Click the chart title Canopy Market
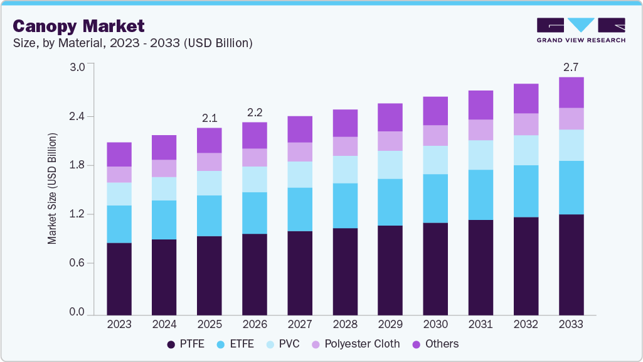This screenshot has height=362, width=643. [x=78, y=26]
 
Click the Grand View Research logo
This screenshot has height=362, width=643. [x=580, y=30]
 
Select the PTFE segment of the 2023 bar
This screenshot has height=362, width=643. [x=119, y=278]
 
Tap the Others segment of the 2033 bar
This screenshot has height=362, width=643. [x=571, y=92]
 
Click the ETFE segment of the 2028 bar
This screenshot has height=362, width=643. [x=345, y=206]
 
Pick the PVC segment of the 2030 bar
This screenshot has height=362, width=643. [x=436, y=160]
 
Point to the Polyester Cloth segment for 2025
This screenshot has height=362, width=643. [x=210, y=162]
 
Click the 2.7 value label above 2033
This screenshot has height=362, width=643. [x=571, y=67]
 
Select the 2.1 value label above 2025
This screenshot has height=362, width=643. [x=210, y=118]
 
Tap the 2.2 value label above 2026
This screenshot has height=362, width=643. [x=255, y=112]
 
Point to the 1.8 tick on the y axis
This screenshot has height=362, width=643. [x=76, y=166]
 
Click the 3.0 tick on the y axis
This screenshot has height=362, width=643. [x=76, y=68]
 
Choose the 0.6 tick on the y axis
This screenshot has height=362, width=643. [x=76, y=263]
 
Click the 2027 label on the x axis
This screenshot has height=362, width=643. [x=300, y=324]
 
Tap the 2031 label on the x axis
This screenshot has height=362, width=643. [x=481, y=324]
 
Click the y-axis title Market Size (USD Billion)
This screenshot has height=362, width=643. [x=53, y=189]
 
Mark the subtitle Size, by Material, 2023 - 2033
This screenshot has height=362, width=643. [x=133, y=43]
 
